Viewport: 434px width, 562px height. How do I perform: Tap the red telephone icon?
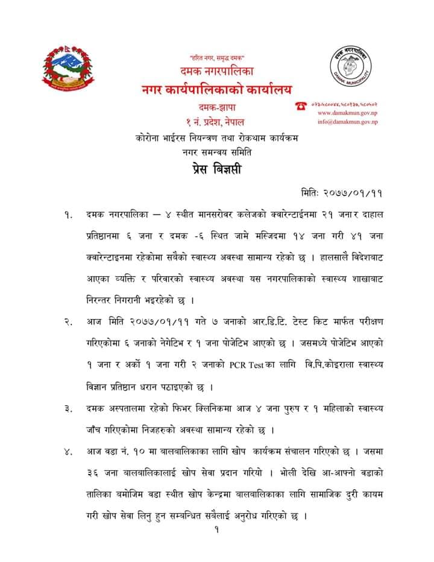point(300,105)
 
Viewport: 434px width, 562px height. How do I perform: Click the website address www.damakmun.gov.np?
point(347,113)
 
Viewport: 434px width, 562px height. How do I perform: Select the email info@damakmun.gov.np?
point(347,122)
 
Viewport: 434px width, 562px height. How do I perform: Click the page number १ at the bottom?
point(215,531)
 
